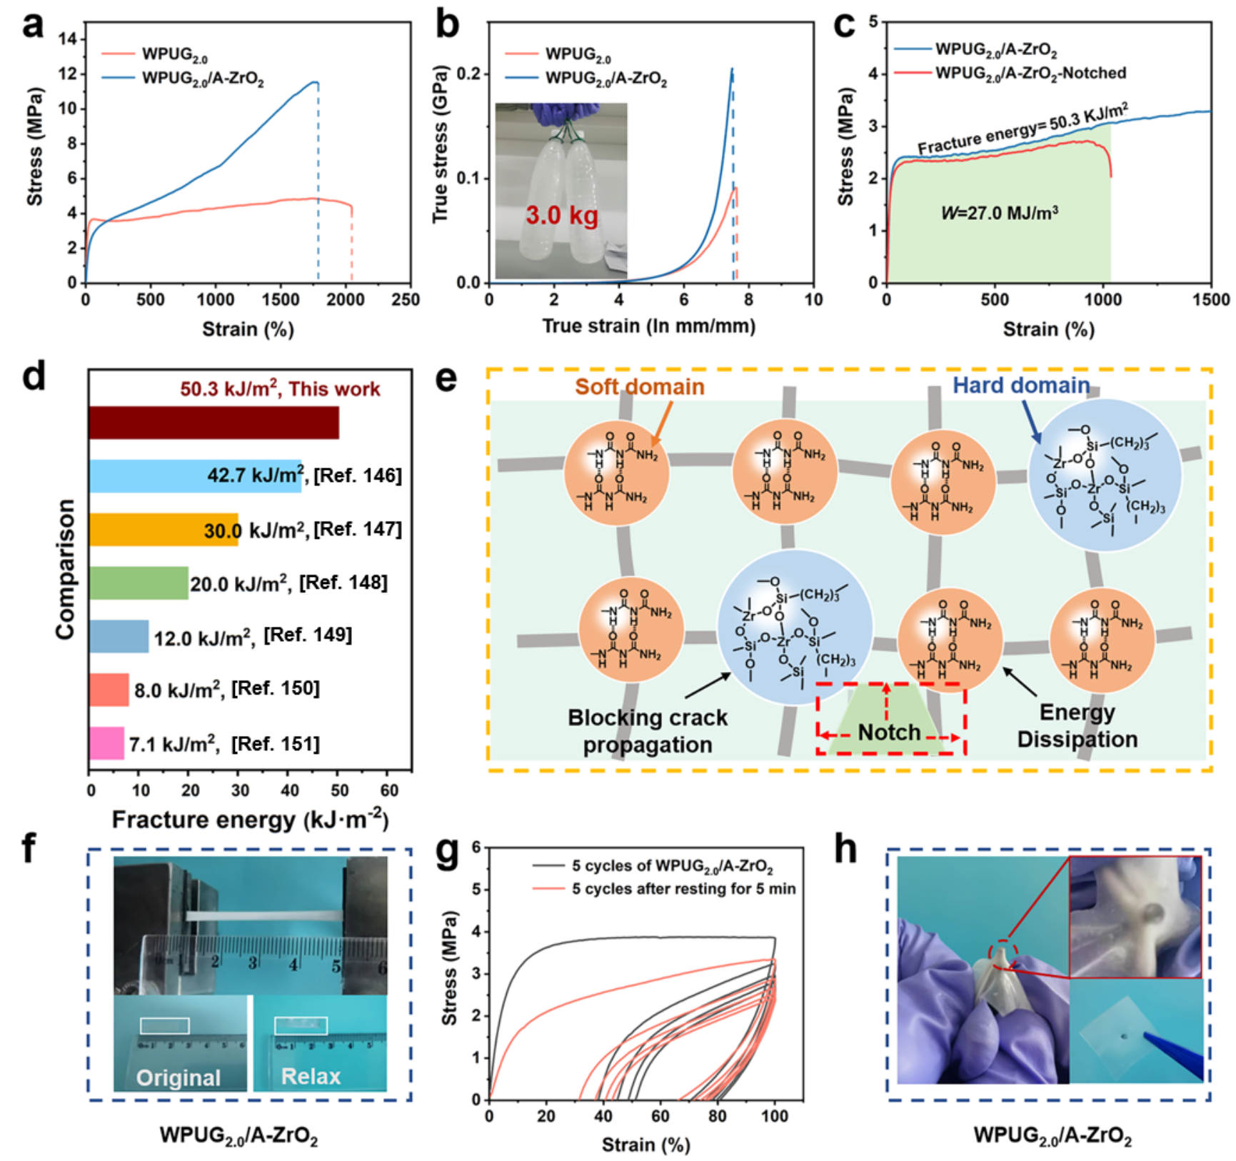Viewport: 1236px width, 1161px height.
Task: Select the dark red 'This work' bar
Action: [x=213, y=423]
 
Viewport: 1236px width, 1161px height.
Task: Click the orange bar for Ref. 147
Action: [x=164, y=529]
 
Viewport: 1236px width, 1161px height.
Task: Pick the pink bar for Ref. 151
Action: [x=106, y=743]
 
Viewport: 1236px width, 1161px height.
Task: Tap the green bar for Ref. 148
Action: [x=139, y=583]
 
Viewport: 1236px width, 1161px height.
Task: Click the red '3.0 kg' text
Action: [x=562, y=215]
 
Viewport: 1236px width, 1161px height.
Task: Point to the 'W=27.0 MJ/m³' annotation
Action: [x=999, y=213]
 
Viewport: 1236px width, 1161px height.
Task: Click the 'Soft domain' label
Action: [x=639, y=387]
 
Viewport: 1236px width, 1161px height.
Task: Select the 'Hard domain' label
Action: [x=1020, y=386]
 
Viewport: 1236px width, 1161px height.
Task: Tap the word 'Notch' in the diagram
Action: [x=889, y=732]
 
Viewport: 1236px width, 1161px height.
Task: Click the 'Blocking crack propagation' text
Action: [x=648, y=731]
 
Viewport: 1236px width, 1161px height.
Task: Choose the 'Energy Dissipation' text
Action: [x=1077, y=725]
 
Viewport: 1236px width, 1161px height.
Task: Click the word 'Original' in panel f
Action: [x=179, y=1077]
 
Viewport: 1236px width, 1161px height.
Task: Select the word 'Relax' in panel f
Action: [x=311, y=1076]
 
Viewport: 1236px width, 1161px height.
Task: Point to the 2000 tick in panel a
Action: [x=346, y=299]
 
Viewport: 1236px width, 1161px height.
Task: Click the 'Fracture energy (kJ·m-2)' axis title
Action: [x=250, y=820]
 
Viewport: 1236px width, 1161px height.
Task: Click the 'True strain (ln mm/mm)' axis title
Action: [x=648, y=326]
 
